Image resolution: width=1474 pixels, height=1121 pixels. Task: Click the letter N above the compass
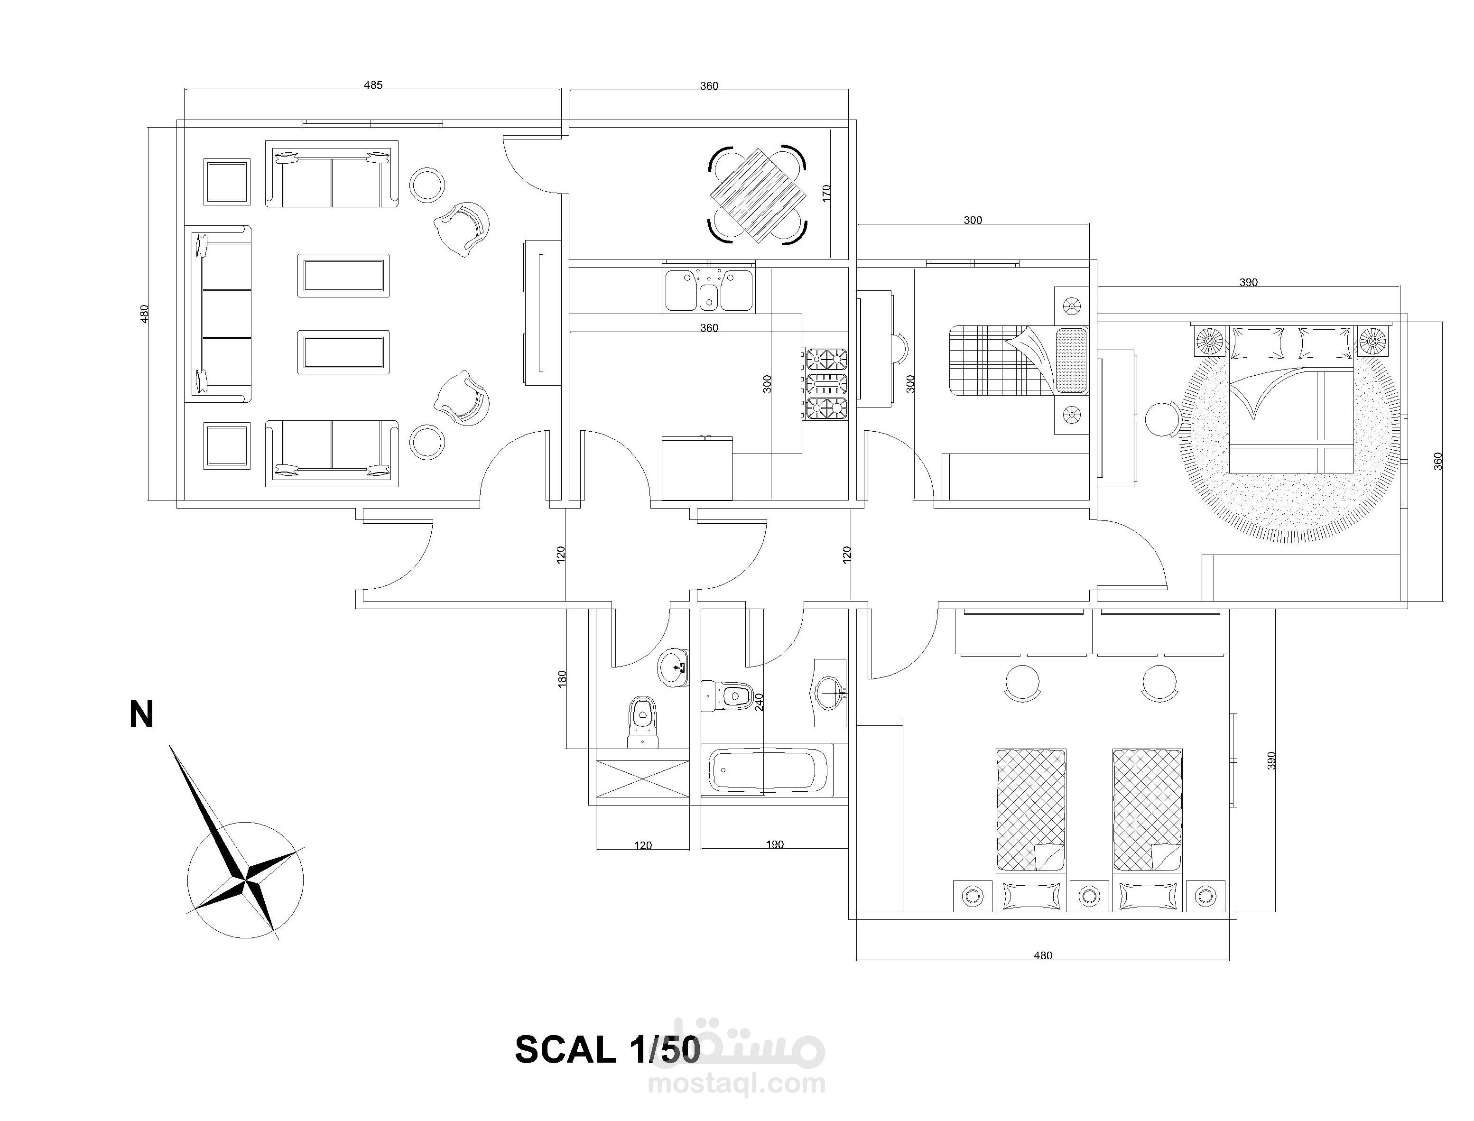141,714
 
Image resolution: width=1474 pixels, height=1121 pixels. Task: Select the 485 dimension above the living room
373,85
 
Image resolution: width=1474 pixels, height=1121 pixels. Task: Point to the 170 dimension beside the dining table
827,194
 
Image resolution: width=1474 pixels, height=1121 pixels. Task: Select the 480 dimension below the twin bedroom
1042,955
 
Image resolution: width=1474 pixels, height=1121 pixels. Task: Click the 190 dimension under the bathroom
774,845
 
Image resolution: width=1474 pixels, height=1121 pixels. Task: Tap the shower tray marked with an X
641,778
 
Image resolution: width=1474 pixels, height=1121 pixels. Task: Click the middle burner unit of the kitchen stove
827,384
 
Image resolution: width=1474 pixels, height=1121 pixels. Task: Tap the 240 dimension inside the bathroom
759,702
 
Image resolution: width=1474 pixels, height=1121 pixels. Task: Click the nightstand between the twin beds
1089,895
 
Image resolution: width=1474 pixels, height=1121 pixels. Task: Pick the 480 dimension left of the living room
144,314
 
